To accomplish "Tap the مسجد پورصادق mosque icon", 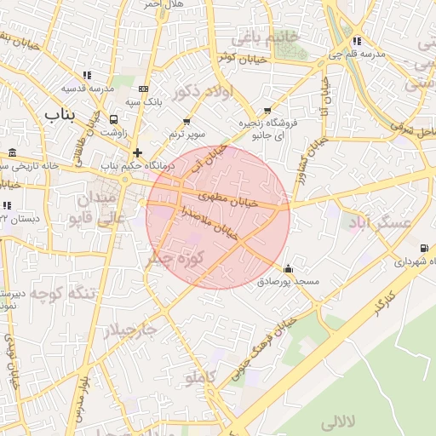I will [x=288, y=268].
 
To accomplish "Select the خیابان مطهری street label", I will [x=227, y=201].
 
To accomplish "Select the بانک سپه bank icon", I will [x=142, y=89].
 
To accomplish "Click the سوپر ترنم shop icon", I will [x=186, y=121].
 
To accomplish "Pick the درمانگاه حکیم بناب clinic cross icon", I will [x=137, y=153].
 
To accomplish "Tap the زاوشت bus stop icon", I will [x=113, y=120].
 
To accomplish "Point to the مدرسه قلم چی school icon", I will [x=356, y=40].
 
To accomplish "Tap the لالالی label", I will [x=341, y=422].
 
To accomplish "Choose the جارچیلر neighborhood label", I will [x=131, y=330].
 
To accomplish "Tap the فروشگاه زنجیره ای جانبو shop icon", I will [x=268, y=111].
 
